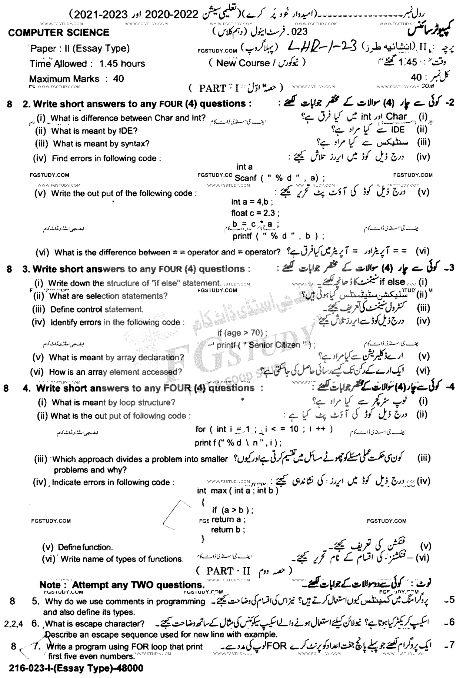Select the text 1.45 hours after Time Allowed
[x=122, y=64]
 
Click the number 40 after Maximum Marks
[x=119, y=79]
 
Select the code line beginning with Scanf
[x=280, y=178]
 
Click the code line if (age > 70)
[x=242, y=333]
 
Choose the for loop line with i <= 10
[x=264, y=429]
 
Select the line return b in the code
[x=228, y=530]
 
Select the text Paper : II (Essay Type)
[x=80, y=49]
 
